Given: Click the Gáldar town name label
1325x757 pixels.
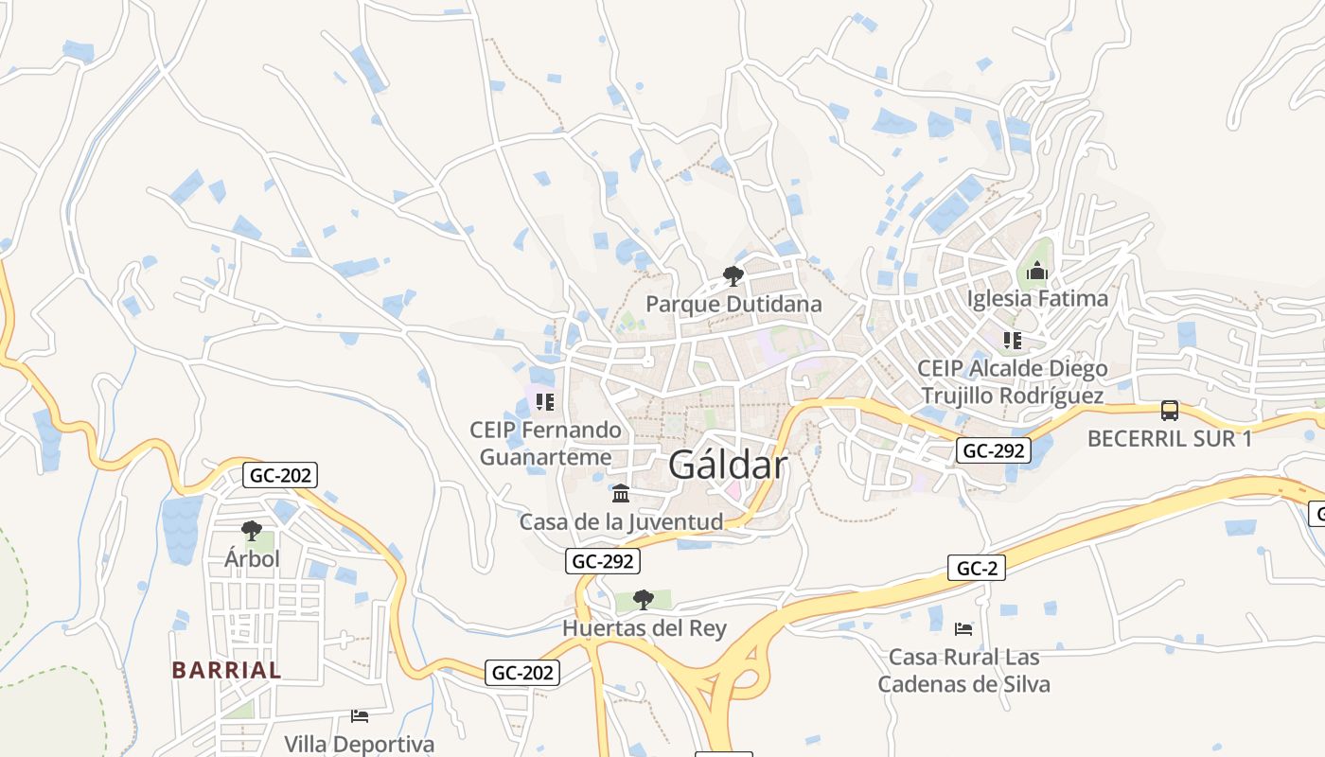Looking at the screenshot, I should click(x=727, y=465).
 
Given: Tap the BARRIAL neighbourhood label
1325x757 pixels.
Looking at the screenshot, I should click(x=226, y=670).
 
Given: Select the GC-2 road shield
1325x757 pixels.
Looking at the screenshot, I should click(x=976, y=568).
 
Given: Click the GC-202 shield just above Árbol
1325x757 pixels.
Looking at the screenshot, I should click(x=279, y=475).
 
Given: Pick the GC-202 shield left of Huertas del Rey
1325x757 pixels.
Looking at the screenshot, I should click(x=522, y=673).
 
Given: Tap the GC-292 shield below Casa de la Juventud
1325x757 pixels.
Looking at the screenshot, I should click(x=603, y=561).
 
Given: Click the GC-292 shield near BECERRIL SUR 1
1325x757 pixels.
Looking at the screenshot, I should click(x=993, y=450).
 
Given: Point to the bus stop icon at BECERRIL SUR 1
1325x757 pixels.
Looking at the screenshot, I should click(x=1170, y=411).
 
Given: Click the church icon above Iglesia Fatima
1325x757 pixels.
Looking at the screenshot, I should click(x=1037, y=273).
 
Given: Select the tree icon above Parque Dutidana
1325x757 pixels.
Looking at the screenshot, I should click(x=733, y=276).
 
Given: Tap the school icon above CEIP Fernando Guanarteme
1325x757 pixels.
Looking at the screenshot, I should click(x=544, y=402).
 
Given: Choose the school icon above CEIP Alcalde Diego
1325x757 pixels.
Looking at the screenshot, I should click(x=1013, y=341).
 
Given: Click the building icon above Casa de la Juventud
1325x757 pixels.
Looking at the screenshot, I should click(x=621, y=494).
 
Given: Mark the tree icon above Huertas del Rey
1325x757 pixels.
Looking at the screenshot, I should click(x=644, y=599).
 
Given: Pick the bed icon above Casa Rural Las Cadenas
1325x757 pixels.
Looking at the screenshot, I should click(x=963, y=628).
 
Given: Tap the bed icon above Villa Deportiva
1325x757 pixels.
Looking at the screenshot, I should click(x=360, y=715).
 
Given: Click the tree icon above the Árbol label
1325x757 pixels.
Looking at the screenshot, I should click(x=252, y=531).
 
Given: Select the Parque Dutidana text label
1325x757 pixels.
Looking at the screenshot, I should click(x=733, y=305).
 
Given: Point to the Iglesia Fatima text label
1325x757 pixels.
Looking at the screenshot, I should click(x=1037, y=299).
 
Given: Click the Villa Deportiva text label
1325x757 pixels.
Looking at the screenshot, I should click(x=360, y=745).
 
